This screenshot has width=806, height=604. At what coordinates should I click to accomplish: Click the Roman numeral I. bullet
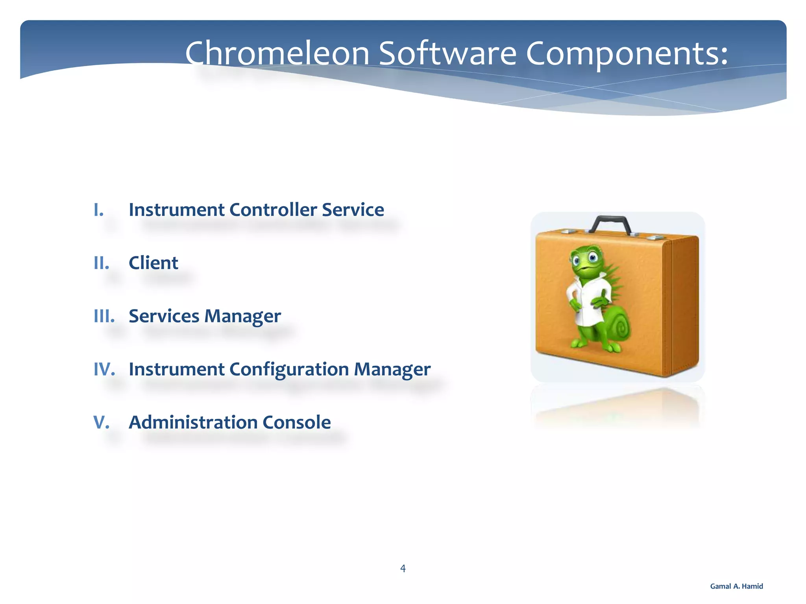[99, 210]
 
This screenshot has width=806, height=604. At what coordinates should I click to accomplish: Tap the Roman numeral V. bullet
[101, 422]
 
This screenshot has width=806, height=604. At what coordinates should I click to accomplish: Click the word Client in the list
[153, 263]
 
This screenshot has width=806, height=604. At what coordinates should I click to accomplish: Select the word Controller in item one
[273, 210]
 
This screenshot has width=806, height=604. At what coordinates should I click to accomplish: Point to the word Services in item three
[164, 316]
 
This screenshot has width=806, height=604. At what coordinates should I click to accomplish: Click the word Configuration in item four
[289, 369]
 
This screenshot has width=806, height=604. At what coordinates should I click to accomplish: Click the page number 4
[403, 568]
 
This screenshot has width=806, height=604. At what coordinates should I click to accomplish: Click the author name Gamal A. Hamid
[736, 586]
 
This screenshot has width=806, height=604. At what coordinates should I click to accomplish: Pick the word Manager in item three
[242, 316]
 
